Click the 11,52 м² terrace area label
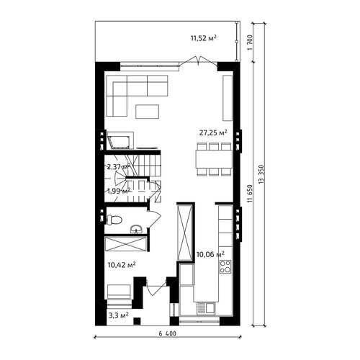(204, 38)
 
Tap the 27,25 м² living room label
(213, 132)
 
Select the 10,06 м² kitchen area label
(210, 254)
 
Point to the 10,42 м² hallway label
(122, 265)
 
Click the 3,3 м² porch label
(119, 315)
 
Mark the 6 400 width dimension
(167, 333)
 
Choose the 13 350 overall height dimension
(261, 174)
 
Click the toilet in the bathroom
(114, 220)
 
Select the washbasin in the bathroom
(137, 229)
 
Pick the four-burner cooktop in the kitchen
(225, 266)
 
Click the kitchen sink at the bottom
(206, 308)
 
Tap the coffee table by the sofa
(147, 112)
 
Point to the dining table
(214, 159)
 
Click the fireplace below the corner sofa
(119, 142)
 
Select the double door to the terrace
(199, 60)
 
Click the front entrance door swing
(156, 287)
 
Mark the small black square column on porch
(137, 320)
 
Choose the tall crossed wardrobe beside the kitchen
(184, 233)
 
